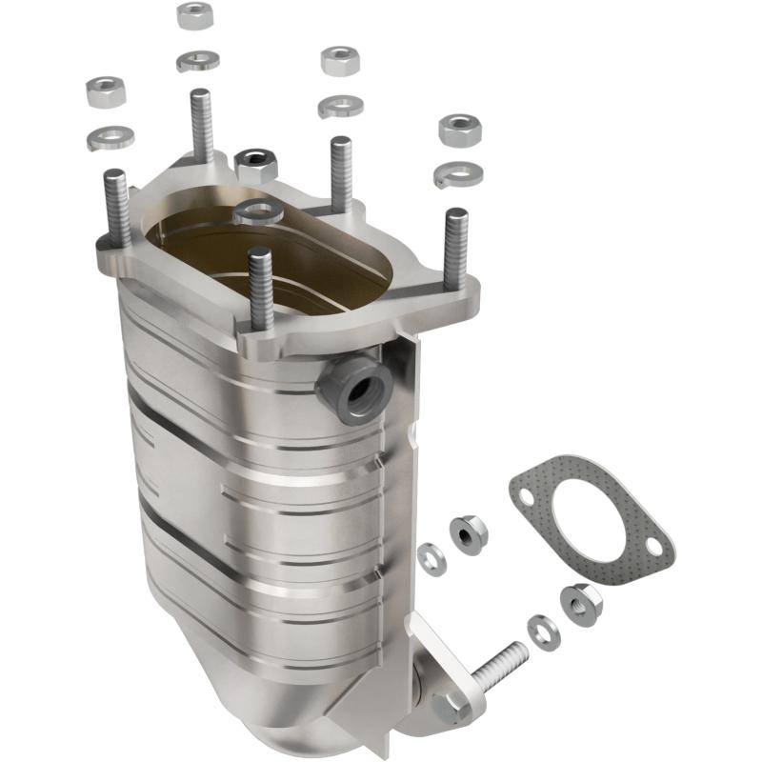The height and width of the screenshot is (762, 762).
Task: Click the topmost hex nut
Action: point(194,15)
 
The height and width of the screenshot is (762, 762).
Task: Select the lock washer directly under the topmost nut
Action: point(197,60)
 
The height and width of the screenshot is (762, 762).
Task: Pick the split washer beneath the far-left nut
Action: point(110,137)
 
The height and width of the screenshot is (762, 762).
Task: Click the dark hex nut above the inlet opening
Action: point(255,166)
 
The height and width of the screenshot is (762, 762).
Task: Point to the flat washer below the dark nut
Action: point(255,211)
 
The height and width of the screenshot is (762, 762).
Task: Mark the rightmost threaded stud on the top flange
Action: point(455,248)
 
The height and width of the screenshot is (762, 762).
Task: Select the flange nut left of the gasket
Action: point(467,534)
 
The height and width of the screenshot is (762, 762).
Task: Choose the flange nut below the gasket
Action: point(580,602)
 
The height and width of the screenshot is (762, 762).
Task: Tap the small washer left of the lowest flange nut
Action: point(544,632)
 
